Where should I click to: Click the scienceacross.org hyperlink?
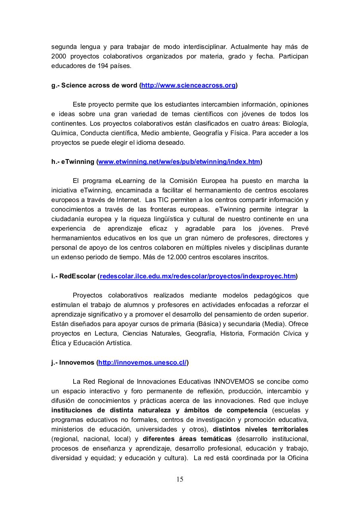(189, 85)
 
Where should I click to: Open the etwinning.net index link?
(179, 161)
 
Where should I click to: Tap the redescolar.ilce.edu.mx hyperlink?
(198, 276)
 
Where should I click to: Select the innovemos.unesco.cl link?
(142, 362)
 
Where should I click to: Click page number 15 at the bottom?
(180, 479)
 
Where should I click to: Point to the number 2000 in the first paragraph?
(58, 56)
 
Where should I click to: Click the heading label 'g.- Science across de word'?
(95, 85)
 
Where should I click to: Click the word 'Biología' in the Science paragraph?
(296, 123)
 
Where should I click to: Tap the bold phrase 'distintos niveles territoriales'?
(261, 429)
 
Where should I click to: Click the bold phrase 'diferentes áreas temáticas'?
(187, 439)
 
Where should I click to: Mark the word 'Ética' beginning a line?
(58, 343)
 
